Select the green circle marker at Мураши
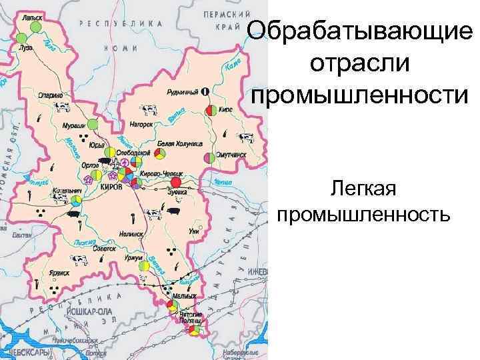pos(93,125)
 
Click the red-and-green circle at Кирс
pos(211,110)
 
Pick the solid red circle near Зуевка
pos(176,182)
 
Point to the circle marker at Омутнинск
pos(210,158)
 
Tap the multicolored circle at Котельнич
pos(76,199)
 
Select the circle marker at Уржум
pos(144,265)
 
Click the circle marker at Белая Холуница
pos(160,154)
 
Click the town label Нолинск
pos(132,235)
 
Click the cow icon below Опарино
pos(63,106)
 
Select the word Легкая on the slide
pos(363,192)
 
